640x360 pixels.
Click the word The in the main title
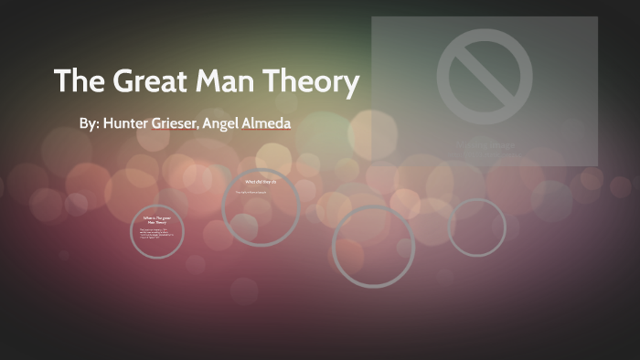[x=80, y=82]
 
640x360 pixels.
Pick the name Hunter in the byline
[x=130, y=122]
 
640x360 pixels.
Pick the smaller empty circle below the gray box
[x=476, y=227]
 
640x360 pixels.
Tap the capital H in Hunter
[x=110, y=122]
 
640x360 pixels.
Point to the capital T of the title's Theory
[x=275, y=82]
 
